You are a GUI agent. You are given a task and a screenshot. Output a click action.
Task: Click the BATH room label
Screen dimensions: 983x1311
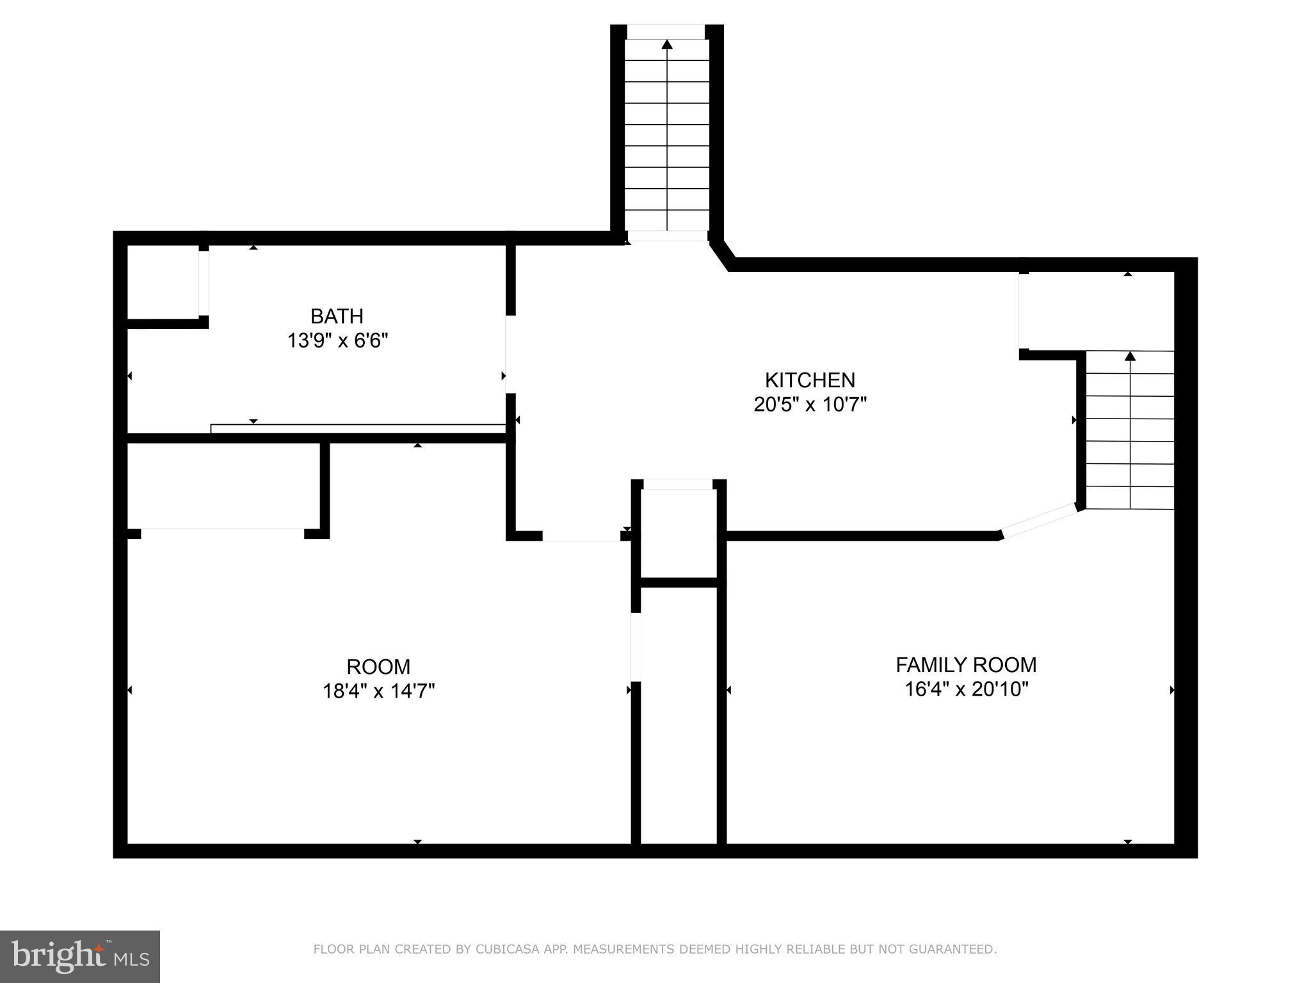point(337,316)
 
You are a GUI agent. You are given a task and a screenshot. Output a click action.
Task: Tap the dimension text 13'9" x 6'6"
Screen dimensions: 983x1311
point(337,340)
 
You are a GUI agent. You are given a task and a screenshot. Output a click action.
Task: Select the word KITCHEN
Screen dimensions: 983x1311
point(810,380)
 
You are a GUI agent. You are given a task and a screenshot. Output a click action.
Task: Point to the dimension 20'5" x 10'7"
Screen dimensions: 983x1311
point(810,404)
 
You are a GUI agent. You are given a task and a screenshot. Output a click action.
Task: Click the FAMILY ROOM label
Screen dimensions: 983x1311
point(965,665)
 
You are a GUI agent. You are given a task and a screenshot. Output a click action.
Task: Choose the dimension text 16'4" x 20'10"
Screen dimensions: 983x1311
point(966,689)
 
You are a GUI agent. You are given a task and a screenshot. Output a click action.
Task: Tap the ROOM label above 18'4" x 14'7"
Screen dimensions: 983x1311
point(378,667)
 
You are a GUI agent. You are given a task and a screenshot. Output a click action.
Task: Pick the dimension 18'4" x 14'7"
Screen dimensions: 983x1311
point(378,691)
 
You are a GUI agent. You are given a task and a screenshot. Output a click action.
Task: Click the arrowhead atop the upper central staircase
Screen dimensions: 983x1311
point(667,44)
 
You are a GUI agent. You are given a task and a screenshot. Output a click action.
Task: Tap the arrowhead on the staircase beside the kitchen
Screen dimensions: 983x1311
point(1130,356)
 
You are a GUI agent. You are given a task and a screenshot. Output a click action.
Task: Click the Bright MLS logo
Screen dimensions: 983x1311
point(79,956)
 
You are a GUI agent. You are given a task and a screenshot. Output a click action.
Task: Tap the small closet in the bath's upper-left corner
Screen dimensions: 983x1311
point(163,282)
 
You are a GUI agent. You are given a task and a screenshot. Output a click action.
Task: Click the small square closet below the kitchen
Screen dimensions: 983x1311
point(679,532)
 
